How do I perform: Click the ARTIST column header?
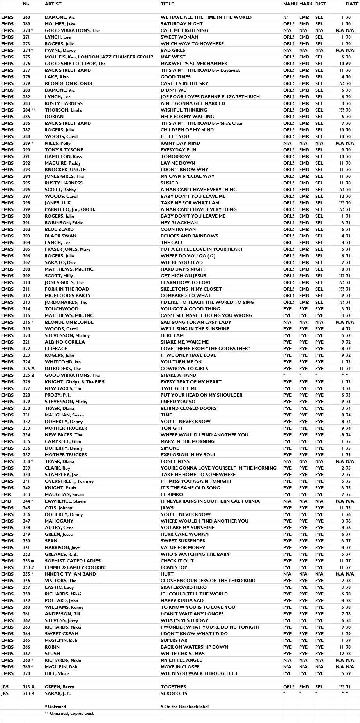tap(53, 4)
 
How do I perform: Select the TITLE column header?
tap(167, 4)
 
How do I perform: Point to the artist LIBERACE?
tap(56, 349)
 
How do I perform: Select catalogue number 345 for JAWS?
tap(27, 508)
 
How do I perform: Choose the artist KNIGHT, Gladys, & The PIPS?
tap(74, 382)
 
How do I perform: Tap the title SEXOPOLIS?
tap(174, 693)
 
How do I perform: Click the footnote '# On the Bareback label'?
tap(186, 707)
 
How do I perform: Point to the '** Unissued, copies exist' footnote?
tap(69, 713)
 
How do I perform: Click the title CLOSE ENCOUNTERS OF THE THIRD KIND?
tap(208, 581)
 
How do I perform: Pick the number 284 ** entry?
tap(29, 110)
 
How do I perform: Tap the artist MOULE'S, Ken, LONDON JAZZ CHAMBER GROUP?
tap(99, 57)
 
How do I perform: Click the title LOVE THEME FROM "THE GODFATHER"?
tap(205, 349)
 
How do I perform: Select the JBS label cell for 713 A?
tap(5, 687)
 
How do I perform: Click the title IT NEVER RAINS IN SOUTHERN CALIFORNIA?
tap(210, 501)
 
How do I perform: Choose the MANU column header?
tap(290, 4)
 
